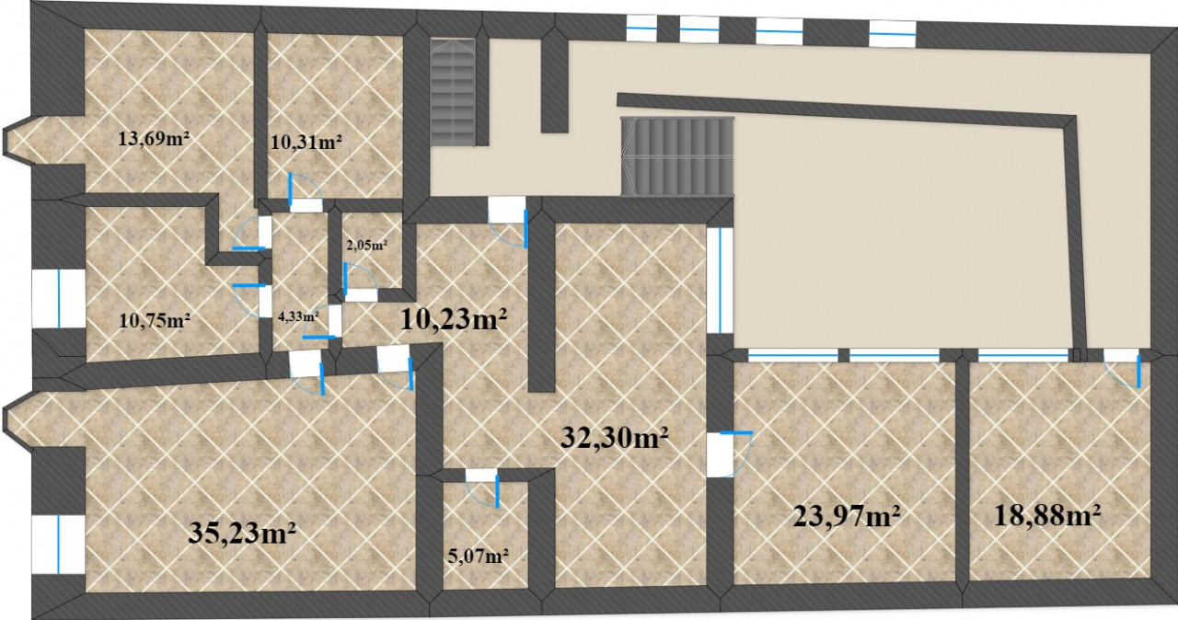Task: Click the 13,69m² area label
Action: click(x=154, y=139)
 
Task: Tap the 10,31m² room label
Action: click(x=306, y=142)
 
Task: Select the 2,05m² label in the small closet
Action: click(x=367, y=245)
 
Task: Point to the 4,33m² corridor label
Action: click(x=299, y=316)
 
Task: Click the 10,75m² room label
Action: click(x=155, y=320)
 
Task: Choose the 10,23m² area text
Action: click(x=454, y=319)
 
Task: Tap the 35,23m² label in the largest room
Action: click(x=242, y=533)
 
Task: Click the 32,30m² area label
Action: click(x=614, y=437)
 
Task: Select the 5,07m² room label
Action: click(x=478, y=556)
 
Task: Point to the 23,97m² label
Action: click(x=846, y=516)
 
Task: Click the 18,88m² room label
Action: click(x=1047, y=515)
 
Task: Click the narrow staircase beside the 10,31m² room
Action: click(x=453, y=92)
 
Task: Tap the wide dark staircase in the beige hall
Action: click(x=677, y=156)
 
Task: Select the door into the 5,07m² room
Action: click(x=482, y=488)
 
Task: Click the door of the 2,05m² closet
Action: click(x=361, y=282)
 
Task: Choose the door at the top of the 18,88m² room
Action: click(x=1121, y=369)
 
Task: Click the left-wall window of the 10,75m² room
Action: click(x=58, y=298)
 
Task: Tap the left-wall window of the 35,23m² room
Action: click(x=58, y=545)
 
